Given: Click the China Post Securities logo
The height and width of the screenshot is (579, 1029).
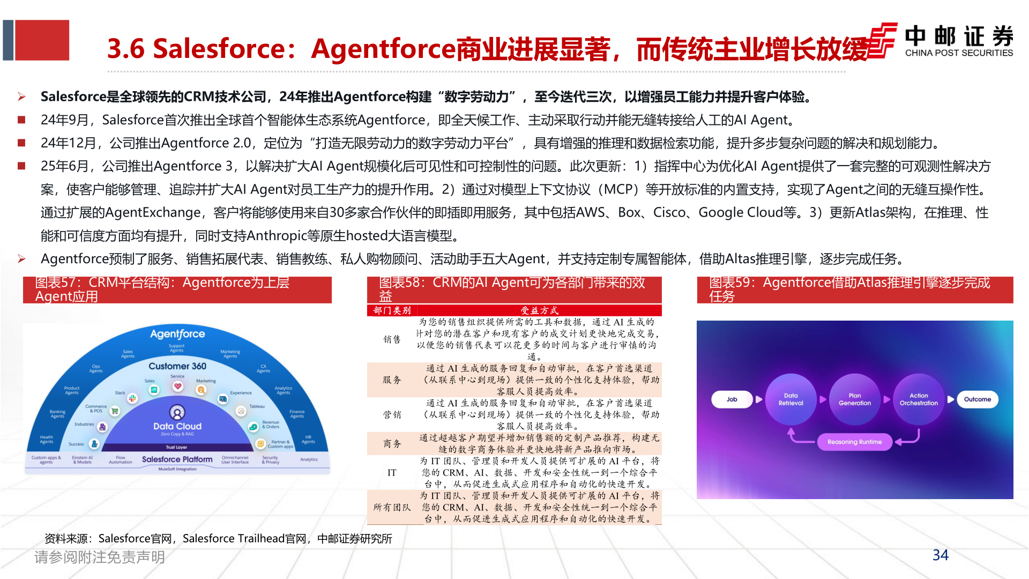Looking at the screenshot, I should tap(941, 41).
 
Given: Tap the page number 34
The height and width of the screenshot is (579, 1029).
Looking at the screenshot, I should tap(940, 555).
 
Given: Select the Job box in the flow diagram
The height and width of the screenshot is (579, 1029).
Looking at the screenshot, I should tap(732, 399).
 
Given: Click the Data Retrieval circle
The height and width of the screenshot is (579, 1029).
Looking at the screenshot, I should tap(791, 399).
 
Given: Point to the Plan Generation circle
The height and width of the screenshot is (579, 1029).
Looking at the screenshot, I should tap(854, 399).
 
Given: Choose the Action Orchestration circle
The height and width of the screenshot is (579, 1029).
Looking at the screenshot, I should tap(919, 399).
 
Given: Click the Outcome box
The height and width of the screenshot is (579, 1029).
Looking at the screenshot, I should tap(977, 399).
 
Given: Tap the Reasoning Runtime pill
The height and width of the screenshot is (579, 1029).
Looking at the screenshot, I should tap(854, 442).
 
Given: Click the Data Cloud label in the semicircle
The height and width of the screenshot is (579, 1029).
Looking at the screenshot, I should tap(177, 426).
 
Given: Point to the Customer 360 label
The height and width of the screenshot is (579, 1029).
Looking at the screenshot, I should tap(177, 366).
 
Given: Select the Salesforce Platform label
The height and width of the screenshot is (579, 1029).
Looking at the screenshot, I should tap(177, 459).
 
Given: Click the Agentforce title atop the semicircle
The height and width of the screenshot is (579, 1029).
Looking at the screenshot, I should tap(177, 334).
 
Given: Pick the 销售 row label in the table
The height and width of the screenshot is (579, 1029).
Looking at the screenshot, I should tap(392, 339).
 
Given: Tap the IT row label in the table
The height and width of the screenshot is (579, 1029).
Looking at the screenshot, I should tap(392, 473).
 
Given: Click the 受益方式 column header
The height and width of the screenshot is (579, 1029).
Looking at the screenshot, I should tap(539, 310).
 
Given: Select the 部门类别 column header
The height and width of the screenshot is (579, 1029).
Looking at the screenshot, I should tap(392, 310).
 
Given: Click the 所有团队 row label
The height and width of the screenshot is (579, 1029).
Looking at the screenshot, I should tap(392, 507).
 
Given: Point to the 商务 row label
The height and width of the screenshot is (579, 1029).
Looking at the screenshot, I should tap(392, 444).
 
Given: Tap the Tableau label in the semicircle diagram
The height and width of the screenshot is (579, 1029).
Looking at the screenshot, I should tap(257, 406).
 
